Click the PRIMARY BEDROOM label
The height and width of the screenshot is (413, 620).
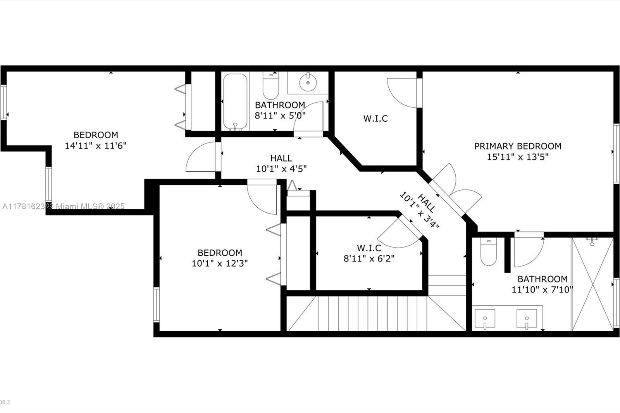pos(518,146)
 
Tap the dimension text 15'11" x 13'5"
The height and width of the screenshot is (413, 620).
pos(518,157)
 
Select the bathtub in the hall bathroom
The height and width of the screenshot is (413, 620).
pos(235,102)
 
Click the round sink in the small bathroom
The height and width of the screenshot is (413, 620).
pos(308,82)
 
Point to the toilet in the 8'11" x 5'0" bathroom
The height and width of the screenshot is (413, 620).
pos(271,86)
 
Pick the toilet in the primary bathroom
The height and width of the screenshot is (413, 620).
pos(489,251)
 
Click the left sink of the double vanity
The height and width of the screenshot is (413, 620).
pos(485,319)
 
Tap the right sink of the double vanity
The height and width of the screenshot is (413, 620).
pos(527,319)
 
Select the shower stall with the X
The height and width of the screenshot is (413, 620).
pos(592,284)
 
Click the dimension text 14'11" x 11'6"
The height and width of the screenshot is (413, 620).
pos(95,146)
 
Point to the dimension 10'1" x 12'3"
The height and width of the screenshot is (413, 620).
pos(220,263)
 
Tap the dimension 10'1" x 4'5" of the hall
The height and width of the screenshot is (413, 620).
pos(281,169)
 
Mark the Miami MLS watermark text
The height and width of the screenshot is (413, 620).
pos(64,206)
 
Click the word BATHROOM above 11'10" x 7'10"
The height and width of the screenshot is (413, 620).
pos(542,279)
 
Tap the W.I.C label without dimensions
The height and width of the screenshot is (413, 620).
pos(375,119)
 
